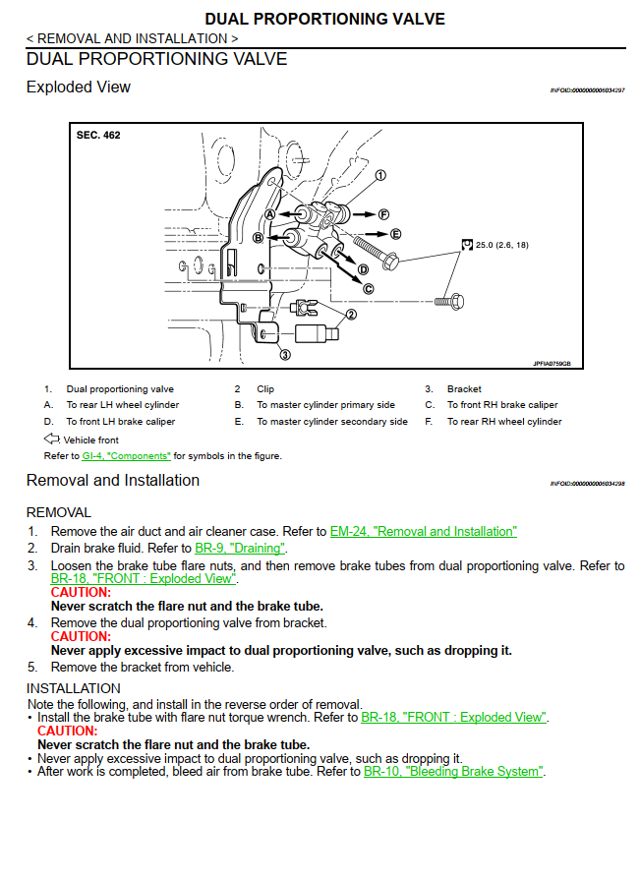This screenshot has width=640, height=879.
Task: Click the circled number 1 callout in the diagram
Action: pyautogui.click(x=379, y=175)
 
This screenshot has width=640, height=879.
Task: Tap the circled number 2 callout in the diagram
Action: pyautogui.click(x=350, y=315)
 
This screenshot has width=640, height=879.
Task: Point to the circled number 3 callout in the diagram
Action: pyautogui.click(x=285, y=354)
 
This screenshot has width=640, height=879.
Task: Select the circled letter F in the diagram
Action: pyautogui.click(x=384, y=213)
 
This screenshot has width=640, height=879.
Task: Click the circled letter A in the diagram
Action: pyautogui.click(x=270, y=213)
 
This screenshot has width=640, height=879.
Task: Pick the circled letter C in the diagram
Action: pyautogui.click(x=368, y=288)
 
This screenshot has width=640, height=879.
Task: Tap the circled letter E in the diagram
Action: pyautogui.click(x=395, y=234)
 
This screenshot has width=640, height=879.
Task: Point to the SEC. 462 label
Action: pyautogui.click(x=98, y=135)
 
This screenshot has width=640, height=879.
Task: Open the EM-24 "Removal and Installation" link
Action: pyautogui.click(x=423, y=531)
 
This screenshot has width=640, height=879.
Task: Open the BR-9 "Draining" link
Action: pyautogui.click(x=240, y=548)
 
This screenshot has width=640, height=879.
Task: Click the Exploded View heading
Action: pyautogui.click(x=79, y=87)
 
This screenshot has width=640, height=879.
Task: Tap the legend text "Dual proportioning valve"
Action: pyautogui.click(x=120, y=389)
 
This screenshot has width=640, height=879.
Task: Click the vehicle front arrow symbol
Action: pyautogui.click(x=52, y=439)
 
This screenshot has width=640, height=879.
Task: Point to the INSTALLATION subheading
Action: pyautogui.click(x=74, y=688)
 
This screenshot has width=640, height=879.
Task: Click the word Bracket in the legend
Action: pyautogui.click(x=464, y=389)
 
